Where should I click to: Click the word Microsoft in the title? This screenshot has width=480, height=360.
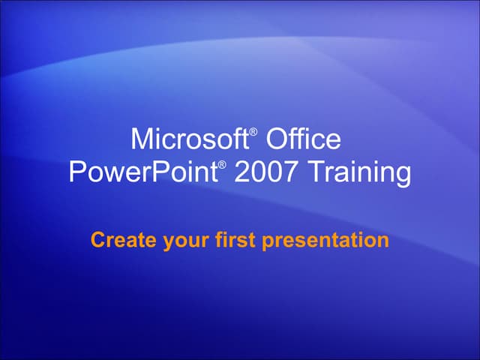(x=188, y=139)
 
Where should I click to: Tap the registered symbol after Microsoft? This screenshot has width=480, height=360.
(x=253, y=132)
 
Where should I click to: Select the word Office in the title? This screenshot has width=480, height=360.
(x=304, y=139)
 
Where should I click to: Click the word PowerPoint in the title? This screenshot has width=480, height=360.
(x=143, y=172)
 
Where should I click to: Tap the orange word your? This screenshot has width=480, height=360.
(x=175, y=241)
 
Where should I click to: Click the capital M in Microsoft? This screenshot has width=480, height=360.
(x=140, y=139)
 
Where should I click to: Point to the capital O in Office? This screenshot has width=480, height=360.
(x=277, y=139)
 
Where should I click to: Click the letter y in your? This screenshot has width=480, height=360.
(x=160, y=242)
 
